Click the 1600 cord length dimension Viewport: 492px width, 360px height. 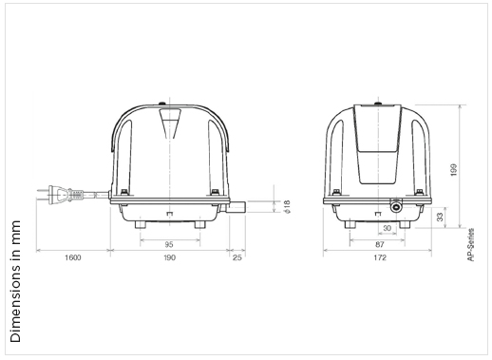73,257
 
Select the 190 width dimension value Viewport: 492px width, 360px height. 169,257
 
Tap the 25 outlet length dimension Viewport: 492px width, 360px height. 237,257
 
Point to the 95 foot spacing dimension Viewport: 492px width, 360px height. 169,244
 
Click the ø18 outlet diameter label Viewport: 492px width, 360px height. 287,207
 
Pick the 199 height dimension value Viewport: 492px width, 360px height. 454,170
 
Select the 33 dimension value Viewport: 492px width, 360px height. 440,218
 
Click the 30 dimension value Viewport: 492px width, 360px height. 387,228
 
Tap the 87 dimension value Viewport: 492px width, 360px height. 379,244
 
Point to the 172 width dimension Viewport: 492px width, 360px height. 380,257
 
